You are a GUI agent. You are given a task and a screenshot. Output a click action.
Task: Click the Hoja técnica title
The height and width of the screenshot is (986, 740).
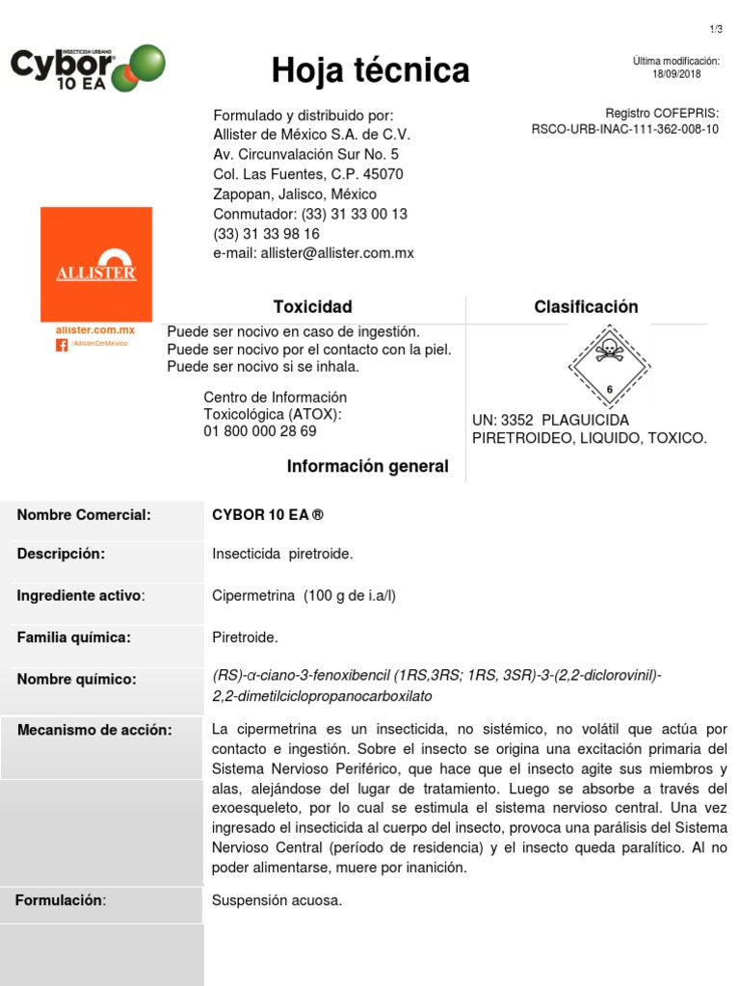tap(370, 70)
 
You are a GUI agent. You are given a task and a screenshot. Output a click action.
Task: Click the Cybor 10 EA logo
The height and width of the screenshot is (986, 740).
tap(88, 67)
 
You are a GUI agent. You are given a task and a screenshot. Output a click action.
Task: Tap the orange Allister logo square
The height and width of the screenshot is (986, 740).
tap(95, 264)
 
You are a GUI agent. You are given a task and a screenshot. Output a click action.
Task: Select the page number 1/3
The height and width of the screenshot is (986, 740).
tap(714, 30)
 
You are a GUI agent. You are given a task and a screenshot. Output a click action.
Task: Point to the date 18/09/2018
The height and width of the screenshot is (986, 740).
tap(676, 74)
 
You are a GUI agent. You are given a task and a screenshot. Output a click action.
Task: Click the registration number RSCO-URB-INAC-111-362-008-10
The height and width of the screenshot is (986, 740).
tap(624, 129)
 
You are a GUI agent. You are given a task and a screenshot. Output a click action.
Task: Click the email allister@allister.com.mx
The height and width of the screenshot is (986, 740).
tap(313, 253)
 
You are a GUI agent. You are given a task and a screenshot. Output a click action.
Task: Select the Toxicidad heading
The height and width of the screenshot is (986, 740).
tap(312, 307)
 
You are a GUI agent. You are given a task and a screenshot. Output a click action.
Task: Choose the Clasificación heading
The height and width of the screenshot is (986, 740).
tap(586, 307)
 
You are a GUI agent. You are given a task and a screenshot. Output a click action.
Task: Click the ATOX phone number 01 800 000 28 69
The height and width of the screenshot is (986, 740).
tap(259, 431)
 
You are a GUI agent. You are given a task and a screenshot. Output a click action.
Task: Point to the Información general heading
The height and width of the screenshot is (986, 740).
tap(367, 467)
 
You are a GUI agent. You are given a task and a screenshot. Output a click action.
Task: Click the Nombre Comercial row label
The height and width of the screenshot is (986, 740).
tap(84, 515)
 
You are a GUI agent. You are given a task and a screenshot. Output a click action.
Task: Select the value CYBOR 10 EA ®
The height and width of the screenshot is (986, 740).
tap(268, 515)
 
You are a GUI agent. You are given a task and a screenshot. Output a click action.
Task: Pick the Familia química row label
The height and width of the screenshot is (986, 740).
tap(74, 637)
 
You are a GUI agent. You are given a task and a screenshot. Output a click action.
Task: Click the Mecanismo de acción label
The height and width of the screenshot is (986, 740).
tap(94, 730)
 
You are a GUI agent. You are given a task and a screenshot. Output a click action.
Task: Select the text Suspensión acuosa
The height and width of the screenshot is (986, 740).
tap(277, 901)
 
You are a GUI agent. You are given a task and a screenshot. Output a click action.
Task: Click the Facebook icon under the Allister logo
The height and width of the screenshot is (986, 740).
tap(62, 344)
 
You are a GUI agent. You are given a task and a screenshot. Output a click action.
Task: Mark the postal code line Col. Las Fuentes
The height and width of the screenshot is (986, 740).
tap(307, 174)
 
